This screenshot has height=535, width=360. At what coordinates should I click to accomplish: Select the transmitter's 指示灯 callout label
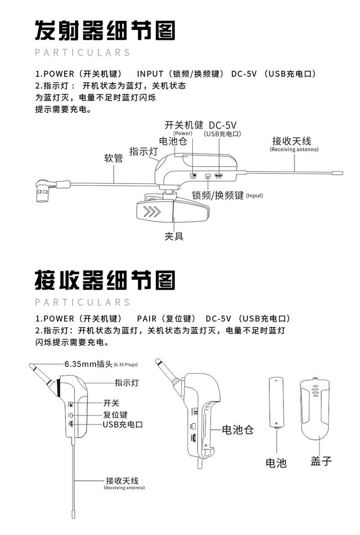(x=144, y=152)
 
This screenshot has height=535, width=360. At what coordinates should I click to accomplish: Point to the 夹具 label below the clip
(x=174, y=236)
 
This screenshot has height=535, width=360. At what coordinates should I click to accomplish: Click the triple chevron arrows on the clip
(x=152, y=212)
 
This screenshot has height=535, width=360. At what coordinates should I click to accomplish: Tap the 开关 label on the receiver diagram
(x=111, y=403)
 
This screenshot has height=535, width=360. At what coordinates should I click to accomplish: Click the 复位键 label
(x=115, y=415)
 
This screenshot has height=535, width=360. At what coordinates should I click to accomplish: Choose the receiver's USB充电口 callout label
(x=123, y=424)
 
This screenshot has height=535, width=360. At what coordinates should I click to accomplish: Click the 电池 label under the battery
(x=276, y=463)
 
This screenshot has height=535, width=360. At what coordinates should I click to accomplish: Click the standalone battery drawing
(x=276, y=401)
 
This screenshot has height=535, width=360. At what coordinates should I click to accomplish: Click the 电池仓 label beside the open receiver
(x=237, y=429)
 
